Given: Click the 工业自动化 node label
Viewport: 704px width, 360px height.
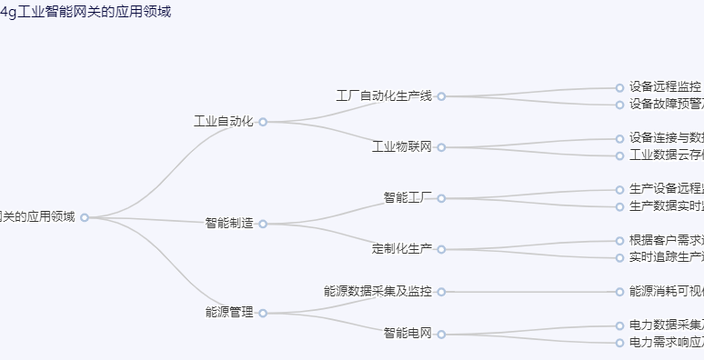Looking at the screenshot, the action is point(223,121).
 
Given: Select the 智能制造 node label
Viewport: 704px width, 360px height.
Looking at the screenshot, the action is point(229,223).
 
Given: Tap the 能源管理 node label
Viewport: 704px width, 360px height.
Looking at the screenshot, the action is point(229,313).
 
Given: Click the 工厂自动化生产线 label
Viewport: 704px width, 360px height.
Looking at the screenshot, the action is point(384,95).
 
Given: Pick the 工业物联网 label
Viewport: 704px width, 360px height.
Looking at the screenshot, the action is point(402,146).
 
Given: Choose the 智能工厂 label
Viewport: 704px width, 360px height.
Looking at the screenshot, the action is point(407,197).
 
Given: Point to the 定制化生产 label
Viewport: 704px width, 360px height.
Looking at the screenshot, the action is point(402,248).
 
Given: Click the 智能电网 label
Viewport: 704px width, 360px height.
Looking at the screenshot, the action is point(407,334).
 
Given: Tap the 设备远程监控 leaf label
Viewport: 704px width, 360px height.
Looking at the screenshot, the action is point(665,87).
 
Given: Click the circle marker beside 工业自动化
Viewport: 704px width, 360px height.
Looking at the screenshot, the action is point(263,122).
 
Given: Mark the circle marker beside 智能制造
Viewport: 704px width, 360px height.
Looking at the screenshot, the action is point(263,224).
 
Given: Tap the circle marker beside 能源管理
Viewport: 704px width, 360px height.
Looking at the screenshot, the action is point(263,314).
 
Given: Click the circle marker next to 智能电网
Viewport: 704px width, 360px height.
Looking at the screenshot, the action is point(441,335).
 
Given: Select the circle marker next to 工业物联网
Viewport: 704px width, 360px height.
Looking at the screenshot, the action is point(441,147).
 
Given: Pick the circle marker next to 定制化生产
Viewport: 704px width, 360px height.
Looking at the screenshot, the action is point(441,249).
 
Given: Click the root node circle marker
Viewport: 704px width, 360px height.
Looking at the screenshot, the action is point(85,217).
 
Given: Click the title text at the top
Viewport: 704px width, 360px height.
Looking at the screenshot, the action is point(85,12).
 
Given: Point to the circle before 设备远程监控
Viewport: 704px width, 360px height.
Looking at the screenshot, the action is point(619,88).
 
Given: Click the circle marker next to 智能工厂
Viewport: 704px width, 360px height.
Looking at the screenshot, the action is point(441,198).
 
